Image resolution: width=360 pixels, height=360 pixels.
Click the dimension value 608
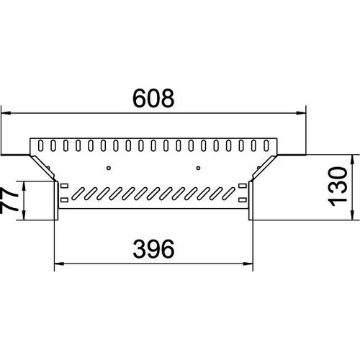[x=153, y=98]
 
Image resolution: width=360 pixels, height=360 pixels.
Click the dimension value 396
[x=153, y=249]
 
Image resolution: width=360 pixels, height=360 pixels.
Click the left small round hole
[x=109, y=168]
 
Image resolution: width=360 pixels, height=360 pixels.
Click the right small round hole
[x=198, y=168]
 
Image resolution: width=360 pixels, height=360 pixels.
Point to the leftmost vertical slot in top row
[x=41, y=145]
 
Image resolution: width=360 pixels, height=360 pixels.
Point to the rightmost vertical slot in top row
[x=266, y=145]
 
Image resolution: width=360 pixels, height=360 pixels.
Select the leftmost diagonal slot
[x=78, y=194]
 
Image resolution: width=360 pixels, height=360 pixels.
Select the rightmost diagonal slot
[x=228, y=194]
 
